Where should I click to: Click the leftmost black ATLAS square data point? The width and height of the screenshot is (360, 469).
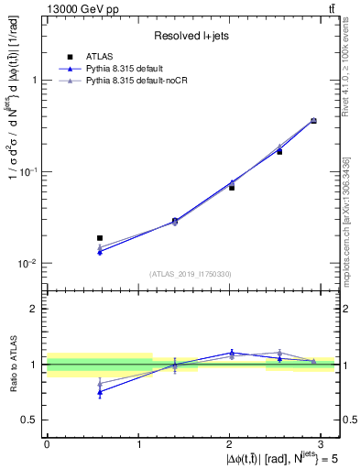(100, 238)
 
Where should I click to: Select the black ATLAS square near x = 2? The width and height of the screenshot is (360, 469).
(232, 187)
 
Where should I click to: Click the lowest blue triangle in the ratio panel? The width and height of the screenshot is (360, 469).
(100, 391)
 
